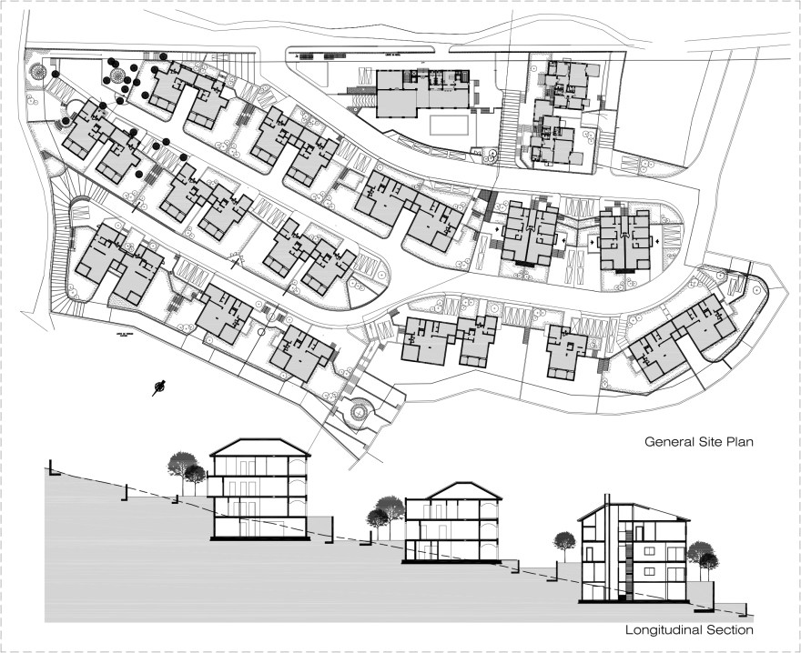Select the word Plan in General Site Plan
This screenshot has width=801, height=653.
click(744, 443)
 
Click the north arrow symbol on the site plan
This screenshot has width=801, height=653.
click(160, 387)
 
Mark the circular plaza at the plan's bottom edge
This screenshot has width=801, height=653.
click(359, 414)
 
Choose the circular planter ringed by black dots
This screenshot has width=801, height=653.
click(116, 73)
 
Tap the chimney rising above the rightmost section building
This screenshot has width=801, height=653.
click(605, 503)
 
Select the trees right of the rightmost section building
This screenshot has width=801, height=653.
click(701, 554)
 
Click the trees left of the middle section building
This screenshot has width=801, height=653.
click(385, 512)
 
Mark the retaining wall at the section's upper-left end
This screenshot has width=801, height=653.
click(53, 469)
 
